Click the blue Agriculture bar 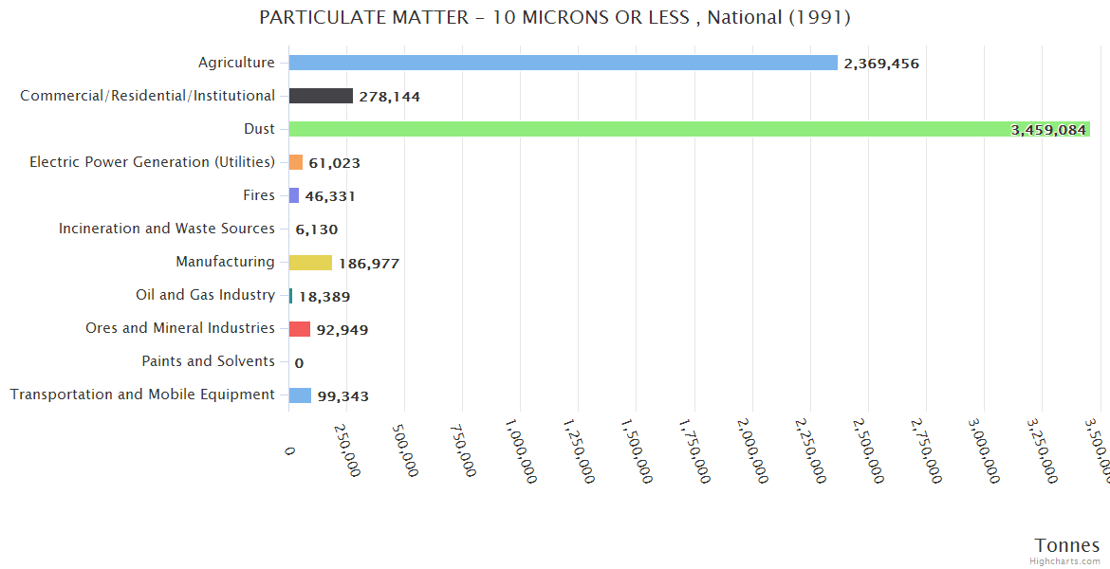pyautogui.click(x=563, y=63)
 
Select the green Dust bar pyautogui.click(x=689, y=129)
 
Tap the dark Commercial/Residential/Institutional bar pyautogui.click(x=321, y=96)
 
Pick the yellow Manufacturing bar pyautogui.click(x=310, y=263)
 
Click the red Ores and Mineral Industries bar pyautogui.click(x=300, y=329)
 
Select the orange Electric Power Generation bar pyautogui.click(x=296, y=162)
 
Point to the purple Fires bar pyautogui.click(x=294, y=195)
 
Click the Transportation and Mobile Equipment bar pyautogui.click(x=300, y=395)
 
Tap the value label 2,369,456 pyautogui.click(x=881, y=64)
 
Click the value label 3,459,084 pyautogui.click(x=1048, y=130)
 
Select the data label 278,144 pyautogui.click(x=389, y=97)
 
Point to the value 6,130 pyautogui.click(x=316, y=229)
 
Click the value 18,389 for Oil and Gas pyautogui.click(x=324, y=297)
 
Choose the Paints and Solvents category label pyautogui.click(x=208, y=361)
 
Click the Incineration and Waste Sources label pyautogui.click(x=166, y=229)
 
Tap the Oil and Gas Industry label pyautogui.click(x=205, y=295)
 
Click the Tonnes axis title pyautogui.click(x=1066, y=545)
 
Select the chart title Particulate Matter pyautogui.click(x=554, y=18)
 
